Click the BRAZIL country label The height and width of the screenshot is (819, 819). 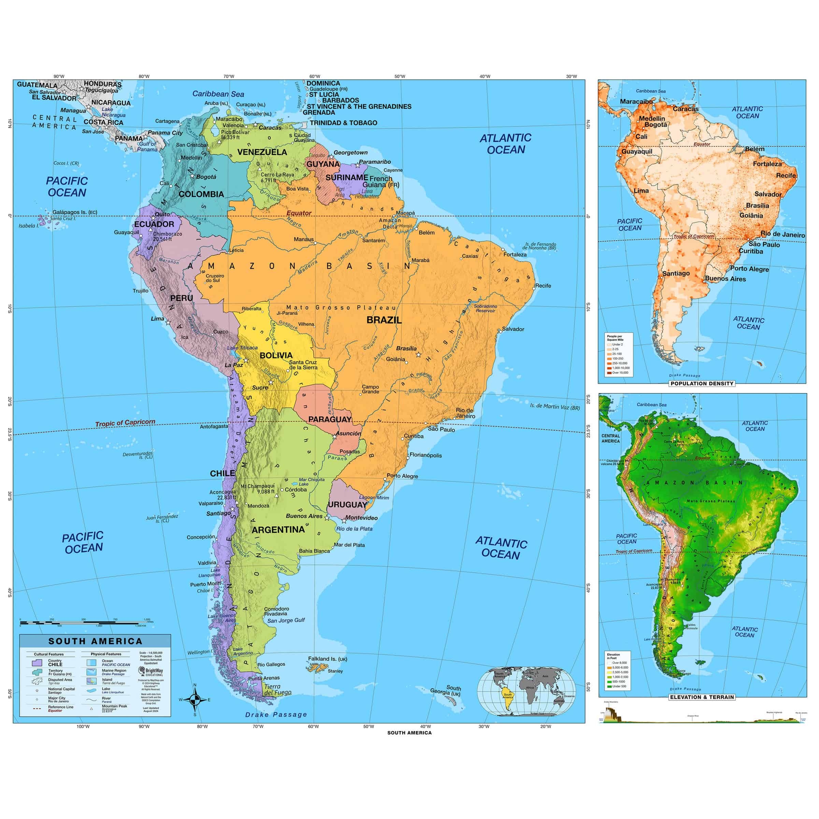384,320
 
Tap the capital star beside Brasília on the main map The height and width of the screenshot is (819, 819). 418,355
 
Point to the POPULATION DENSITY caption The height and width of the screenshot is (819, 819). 702,384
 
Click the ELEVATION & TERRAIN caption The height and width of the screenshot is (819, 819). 702,697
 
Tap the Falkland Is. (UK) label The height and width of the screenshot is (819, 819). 327,659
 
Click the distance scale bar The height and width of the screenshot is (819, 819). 85,622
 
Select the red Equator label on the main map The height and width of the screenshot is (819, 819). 299,213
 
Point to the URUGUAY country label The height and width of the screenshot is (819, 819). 347,504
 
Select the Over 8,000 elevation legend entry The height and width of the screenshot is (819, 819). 619,663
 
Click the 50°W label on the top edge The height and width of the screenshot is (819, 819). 400,76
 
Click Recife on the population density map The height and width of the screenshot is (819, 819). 786,175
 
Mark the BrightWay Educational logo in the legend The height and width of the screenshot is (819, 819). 150,672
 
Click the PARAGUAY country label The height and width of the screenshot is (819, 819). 330,419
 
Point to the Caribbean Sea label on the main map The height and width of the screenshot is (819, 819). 218,94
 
